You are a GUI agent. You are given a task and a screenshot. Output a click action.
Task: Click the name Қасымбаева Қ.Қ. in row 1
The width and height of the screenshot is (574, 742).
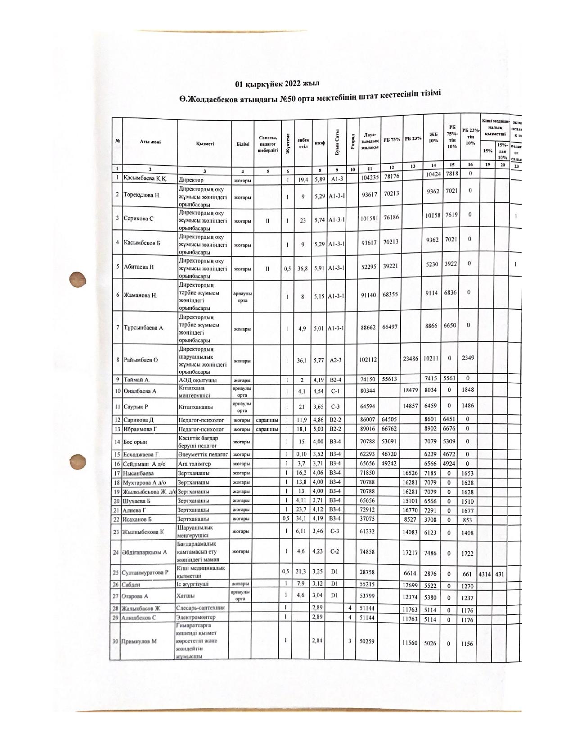click(x=145, y=179)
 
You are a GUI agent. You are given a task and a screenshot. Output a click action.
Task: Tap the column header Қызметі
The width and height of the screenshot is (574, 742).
click(x=205, y=143)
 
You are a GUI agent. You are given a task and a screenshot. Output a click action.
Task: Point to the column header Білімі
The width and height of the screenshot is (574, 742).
click(x=242, y=143)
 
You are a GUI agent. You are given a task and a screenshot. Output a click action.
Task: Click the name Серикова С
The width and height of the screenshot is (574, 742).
click(x=139, y=219)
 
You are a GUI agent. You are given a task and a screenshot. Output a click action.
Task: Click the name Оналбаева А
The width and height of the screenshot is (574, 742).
click(x=140, y=391)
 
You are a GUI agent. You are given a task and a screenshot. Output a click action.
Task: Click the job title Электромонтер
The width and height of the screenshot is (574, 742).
click(x=196, y=617)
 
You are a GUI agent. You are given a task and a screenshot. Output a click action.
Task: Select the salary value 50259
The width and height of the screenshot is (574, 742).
click(x=368, y=641)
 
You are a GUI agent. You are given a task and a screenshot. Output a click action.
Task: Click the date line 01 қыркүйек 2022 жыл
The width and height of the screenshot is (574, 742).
click(x=278, y=84)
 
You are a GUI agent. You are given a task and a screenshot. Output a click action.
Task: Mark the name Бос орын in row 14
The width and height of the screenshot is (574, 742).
click(x=135, y=442)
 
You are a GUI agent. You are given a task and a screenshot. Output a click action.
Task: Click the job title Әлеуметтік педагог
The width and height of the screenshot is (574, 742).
click(x=203, y=454)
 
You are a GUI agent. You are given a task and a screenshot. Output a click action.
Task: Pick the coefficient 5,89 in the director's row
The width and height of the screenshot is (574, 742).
click(x=320, y=179)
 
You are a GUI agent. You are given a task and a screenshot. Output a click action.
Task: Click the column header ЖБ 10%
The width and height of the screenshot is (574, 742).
click(x=434, y=137)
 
